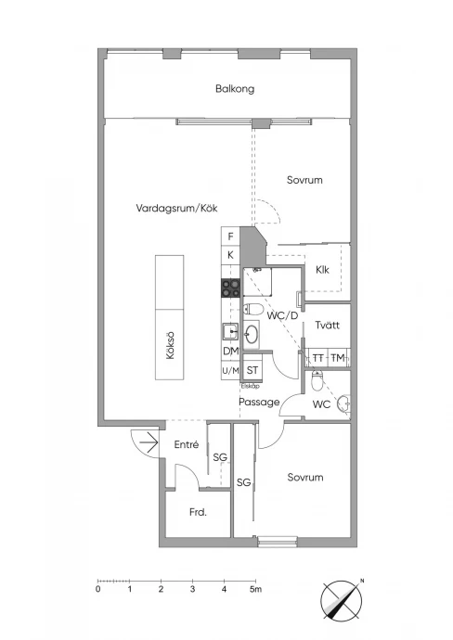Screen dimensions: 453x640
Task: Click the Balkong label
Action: pyautogui.click(x=235, y=88)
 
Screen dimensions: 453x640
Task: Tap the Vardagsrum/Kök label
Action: pyautogui.click(x=176, y=208)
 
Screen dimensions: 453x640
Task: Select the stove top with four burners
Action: pyautogui.click(x=231, y=288)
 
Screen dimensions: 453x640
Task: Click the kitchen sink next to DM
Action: pyautogui.click(x=230, y=331)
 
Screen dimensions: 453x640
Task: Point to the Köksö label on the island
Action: pyautogui.click(x=170, y=345)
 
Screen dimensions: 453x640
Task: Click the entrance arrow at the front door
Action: pyautogui.click(x=149, y=442)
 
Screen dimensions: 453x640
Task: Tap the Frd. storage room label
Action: pyautogui.click(x=198, y=512)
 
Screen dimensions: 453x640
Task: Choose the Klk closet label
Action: pyautogui.click(x=322, y=269)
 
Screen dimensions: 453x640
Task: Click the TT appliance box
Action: pyautogui.click(x=317, y=358)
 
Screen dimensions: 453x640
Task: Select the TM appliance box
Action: pyautogui.click(x=338, y=358)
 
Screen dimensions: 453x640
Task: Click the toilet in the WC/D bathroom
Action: pyautogui.click(x=252, y=310)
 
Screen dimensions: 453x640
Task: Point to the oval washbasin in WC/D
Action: pyautogui.click(x=251, y=335)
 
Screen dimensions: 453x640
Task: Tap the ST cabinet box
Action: pyautogui.click(x=252, y=370)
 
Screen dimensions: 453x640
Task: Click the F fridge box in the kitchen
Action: pyautogui.click(x=231, y=237)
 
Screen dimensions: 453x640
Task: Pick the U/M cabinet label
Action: pyautogui.click(x=230, y=371)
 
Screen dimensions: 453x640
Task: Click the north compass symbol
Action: pyautogui.click(x=341, y=601)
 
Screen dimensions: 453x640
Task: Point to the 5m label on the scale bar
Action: pyautogui.click(x=256, y=589)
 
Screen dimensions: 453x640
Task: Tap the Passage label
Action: pyautogui.click(x=259, y=402)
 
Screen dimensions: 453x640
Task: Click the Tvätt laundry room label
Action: pyautogui.click(x=327, y=325)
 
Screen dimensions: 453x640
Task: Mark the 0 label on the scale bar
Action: pyautogui.click(x=98, y=589)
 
